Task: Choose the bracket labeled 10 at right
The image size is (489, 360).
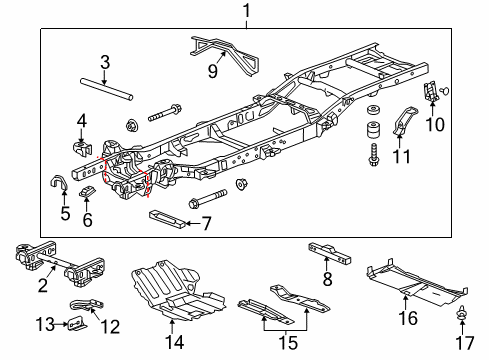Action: [x=432, y=92]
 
